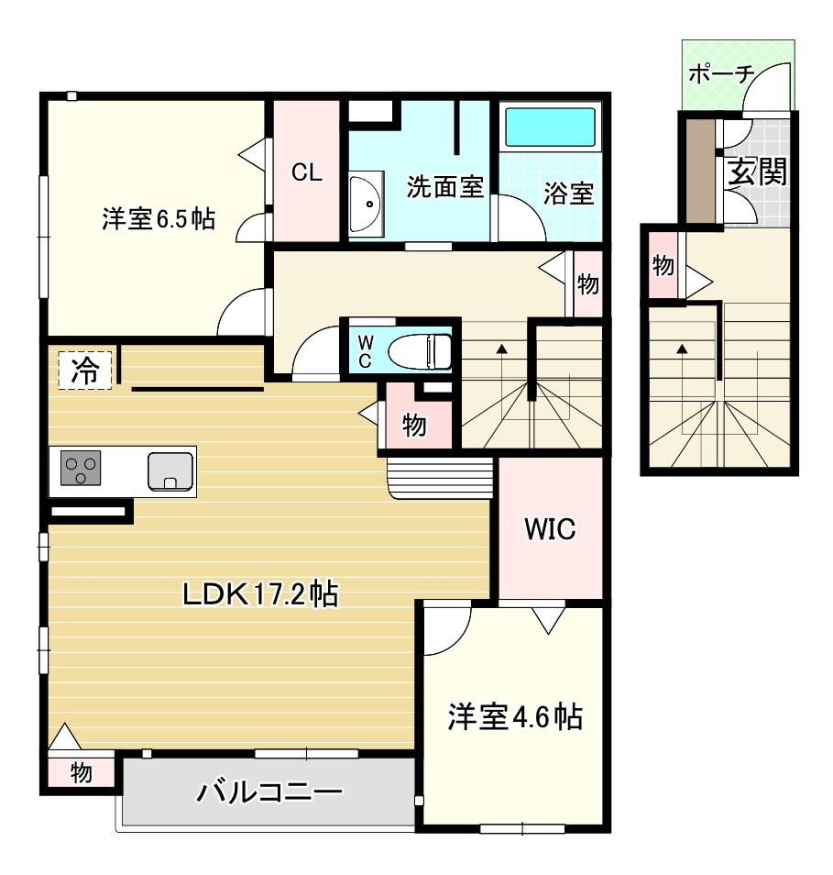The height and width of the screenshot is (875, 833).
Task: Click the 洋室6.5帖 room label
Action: pyautogui.click(x=159, y=219)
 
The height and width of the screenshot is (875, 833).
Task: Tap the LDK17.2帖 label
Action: pyautogui.click(x=260, y=594)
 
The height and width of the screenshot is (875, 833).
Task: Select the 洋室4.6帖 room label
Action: pyautogui.click(x=514, y=716)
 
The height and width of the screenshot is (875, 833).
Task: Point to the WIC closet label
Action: pyautogui.click(x=549, y=529)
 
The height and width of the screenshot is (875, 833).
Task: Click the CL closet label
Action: pyautogui.click(x=307, y=172)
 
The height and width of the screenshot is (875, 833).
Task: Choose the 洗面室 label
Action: pyautogui.click(x=444, y=188)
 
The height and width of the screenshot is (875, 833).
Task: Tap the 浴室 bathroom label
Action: pyautogui.click(x=568, y=194)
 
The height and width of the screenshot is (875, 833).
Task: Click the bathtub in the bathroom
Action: pyautogui.click(x=551, y=127)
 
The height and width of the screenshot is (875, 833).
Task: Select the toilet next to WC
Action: pyautogui.click(x=421, y=349)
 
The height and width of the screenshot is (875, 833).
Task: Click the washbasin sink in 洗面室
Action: pyautogui.click(x=364, y=202)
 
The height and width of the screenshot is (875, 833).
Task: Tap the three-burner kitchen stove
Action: pyautogui.click(x=81, y=471)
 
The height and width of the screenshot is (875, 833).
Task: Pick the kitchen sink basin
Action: pyautogui.click(x=170, y=471)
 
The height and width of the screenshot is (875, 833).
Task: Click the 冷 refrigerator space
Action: pyautogui.click(x=84, y=371)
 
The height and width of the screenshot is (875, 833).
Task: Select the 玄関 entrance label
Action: pyautogui.click(x=757, y=172)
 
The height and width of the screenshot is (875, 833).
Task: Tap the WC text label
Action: pyautogui.click(x=365, y=350)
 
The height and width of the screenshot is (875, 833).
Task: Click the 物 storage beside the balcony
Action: pyautogui.click(x=81, y=772)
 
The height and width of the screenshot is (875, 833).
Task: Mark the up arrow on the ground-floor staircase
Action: pyautogui.click(x=683, y=349)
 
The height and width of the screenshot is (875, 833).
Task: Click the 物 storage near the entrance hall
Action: pyautogui.click(x=663, y=267)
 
